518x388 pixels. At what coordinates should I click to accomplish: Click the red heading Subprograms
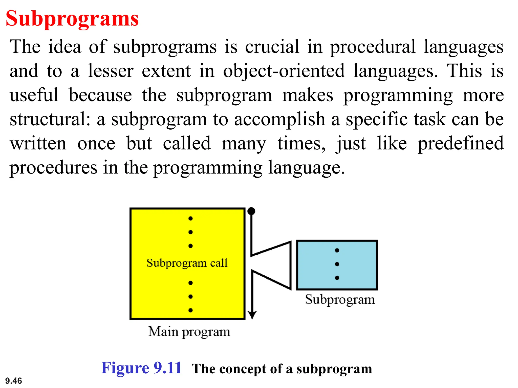pyautogui.click(x=72, y=19)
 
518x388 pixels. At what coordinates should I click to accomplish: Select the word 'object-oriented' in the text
pyautogui.click(x=284, y=71)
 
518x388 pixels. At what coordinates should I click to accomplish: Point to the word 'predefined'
pyautogui.click(x=461, y=143)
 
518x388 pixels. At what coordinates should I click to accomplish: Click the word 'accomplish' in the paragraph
pyautogui.click(x=279, y=119)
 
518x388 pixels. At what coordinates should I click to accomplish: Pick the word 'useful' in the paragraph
pyautogui.click(x=34, y=95)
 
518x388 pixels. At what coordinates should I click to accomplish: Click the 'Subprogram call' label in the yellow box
pyautogui.click(x=187, y=263)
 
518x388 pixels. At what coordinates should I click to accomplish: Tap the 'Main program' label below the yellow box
pyautogui.click(x=189, y=332)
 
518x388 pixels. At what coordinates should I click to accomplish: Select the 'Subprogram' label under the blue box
pyautogui.click(x=340, y=300)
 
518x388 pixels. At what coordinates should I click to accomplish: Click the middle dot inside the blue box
pyautogui.click(x=337, y=264)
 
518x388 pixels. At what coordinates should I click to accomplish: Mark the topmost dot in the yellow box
pyautogui.click(x=190, y=218)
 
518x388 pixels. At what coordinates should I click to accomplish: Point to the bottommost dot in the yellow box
pyautogui.click(x=190, y=310)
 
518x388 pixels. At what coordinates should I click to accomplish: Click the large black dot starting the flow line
pyautogui.click(x=251, y=211)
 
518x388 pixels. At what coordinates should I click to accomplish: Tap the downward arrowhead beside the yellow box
pyautogui.click(x=252, y=315)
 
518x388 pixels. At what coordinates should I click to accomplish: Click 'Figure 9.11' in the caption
pyautogui.click(x=141, y=368)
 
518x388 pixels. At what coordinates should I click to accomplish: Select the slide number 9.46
pyautogui.click(x=14, y=381)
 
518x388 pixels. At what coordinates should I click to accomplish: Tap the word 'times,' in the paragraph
pyautogui.click(x=301, y=143)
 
